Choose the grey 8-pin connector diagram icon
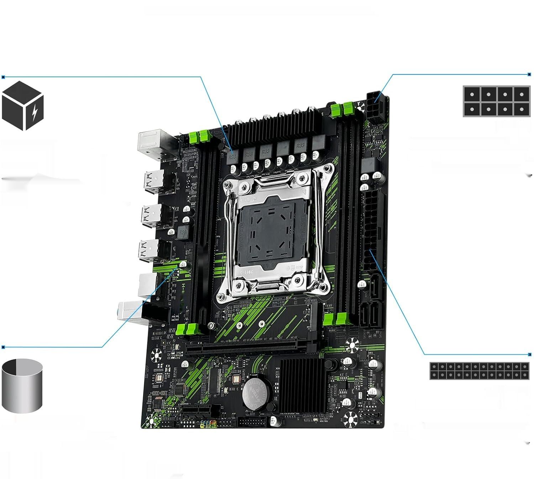[497, 101]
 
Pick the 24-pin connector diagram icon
[479, 371]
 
